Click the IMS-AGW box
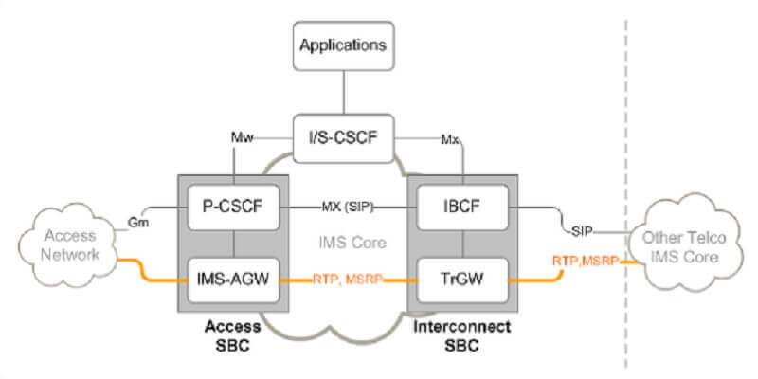231,280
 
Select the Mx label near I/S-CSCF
450,139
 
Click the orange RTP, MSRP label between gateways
347,280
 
